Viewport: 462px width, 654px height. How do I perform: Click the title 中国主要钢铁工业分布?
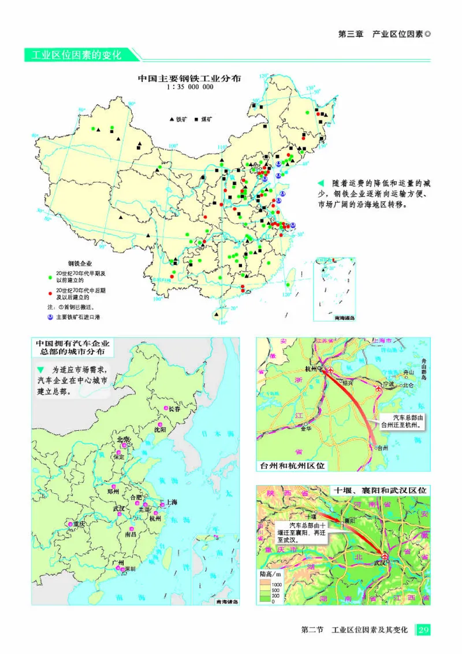pyautogui.click(x=189, y=77)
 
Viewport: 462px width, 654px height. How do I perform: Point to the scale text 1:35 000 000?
pyautogui.click(x=189, y=87)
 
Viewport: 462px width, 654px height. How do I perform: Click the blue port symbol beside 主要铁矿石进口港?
pyautogui.click(x=50, y=317)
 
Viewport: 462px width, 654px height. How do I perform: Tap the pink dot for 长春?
pyautogui.click(x=166, y=409)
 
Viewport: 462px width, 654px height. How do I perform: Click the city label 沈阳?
pyautogui.click(x=160, y=430)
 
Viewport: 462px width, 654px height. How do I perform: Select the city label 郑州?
pyautogui.click(x=114, y=492)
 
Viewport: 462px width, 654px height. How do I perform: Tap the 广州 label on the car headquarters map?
pyautogui.click(x=118, y=562)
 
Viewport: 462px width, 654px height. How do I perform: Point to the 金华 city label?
pyautogui.click(x=305, y=428)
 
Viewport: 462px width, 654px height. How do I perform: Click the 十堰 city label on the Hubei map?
pyautogui.click(x=310, y=516)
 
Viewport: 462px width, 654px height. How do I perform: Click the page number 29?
pyautogui.click(x=423, y=629)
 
